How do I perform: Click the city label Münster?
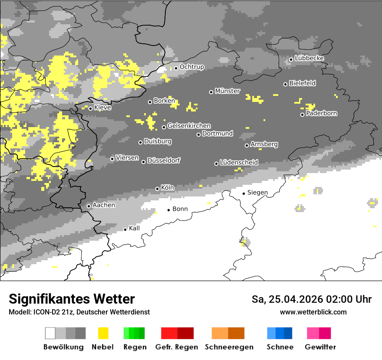[227, 91]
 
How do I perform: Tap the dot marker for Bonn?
[169, 210]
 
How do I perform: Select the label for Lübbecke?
[310, 58]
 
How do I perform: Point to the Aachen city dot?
[89, 206]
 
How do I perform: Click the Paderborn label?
[322, 114]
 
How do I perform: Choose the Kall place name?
[135, 228]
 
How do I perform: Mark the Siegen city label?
[257, 193]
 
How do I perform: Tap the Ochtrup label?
[192, 67]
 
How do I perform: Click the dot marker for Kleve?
[91, 108]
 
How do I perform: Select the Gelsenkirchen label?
[189, 126]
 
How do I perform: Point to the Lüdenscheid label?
[239, 163]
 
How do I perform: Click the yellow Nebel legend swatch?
[103, 333]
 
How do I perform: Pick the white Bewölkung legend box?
[50, 333]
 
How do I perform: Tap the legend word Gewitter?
[320, 347]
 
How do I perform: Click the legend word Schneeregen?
[229, 347]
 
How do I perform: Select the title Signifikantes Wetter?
[72, 299]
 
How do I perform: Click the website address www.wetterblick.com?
[313, 312]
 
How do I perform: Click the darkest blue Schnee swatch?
[288, 333]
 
